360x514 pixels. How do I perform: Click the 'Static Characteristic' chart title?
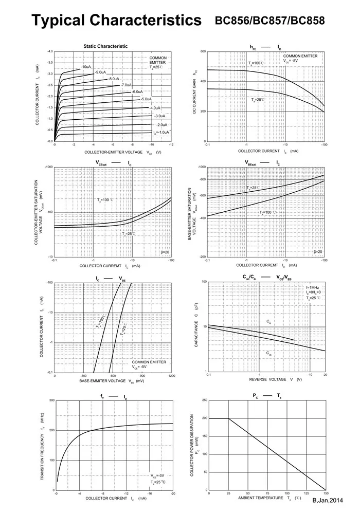tap(105, 46)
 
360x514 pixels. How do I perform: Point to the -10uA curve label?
tap(86, 67)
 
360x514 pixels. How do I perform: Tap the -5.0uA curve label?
tap(146, 99)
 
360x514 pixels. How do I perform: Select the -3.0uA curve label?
tap(159, 116)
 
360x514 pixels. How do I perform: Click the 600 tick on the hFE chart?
tap(203, 52)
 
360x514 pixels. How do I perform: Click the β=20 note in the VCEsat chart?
tap(165, 252)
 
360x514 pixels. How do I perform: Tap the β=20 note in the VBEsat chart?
tap(318, 252)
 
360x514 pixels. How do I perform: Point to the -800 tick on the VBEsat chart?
tap(202, 179)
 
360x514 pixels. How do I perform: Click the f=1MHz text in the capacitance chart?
tap(314, 287)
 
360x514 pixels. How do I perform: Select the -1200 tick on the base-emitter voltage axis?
tap(171, 376)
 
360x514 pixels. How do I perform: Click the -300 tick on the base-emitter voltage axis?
tap(83, 376)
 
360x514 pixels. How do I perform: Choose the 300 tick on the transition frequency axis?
tap(51, 400)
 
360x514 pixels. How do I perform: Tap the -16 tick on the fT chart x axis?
tap(149, 493)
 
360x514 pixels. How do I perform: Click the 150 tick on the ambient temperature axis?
tap(325, 493)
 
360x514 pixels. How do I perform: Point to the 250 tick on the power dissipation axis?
tap(204, 400)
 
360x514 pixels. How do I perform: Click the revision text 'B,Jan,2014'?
tap(327, 500)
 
